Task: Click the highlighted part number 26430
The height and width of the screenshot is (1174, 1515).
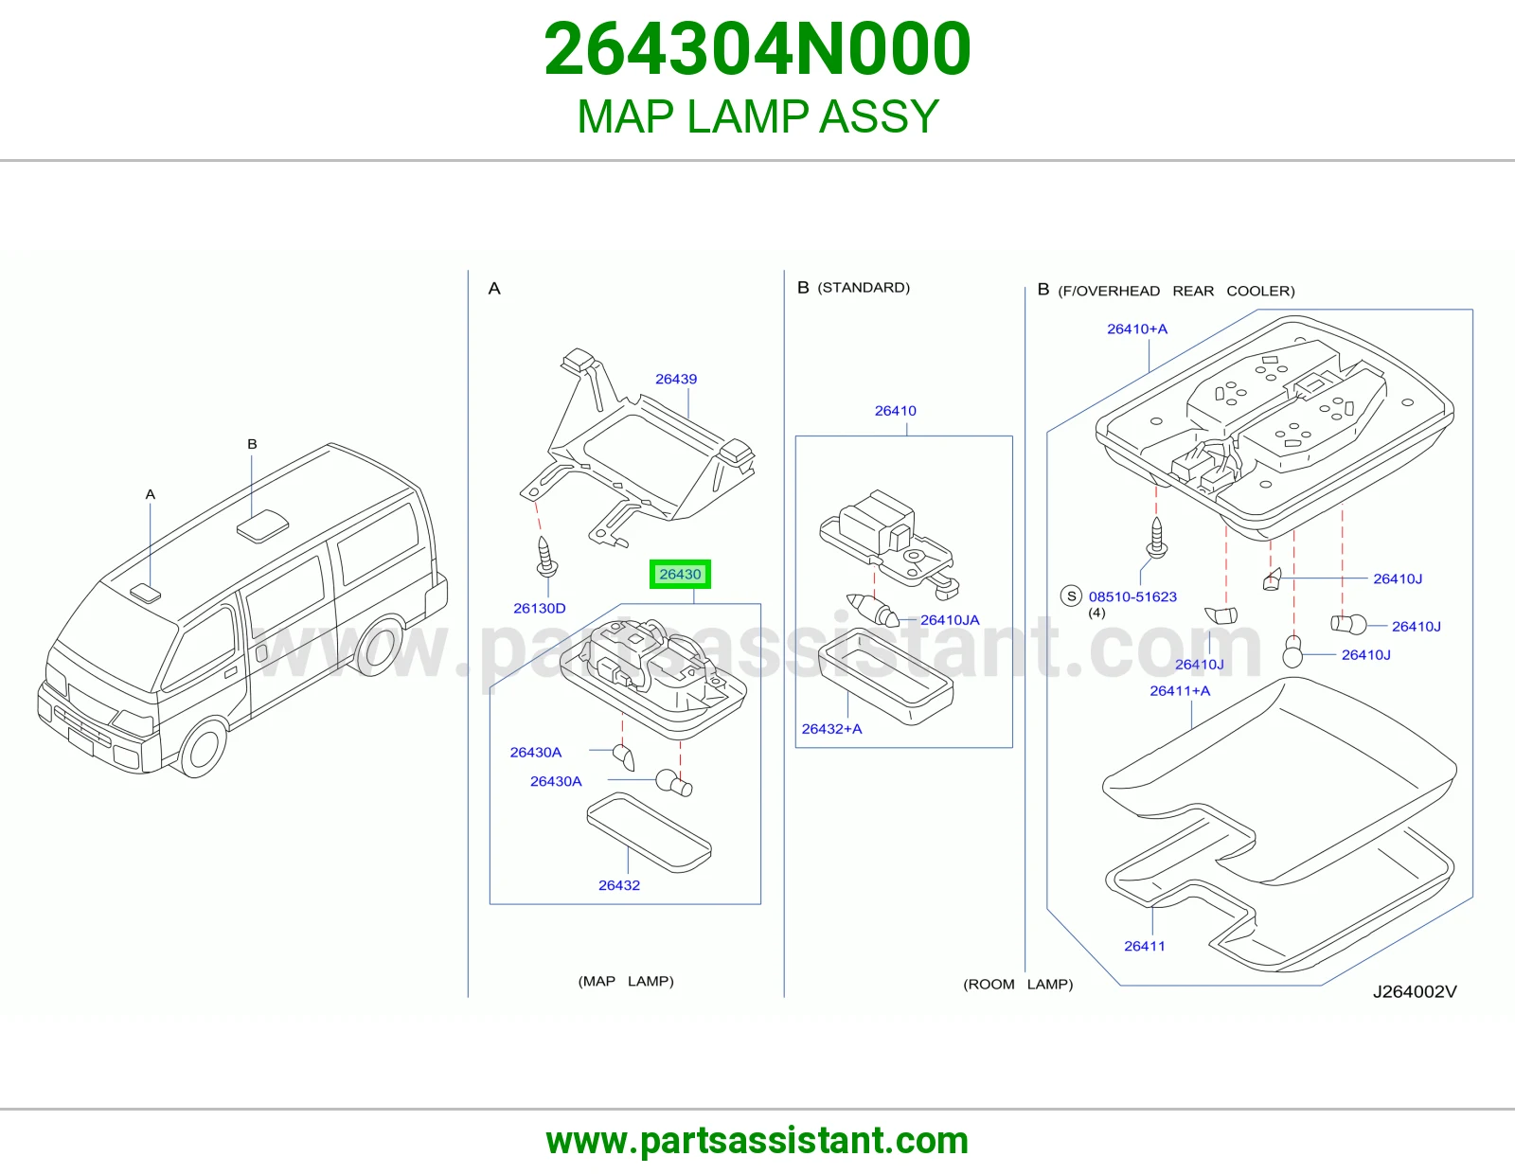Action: pyautogui.click(x=680, y=574)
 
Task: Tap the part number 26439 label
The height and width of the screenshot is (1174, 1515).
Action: pyautogui.click(x=675, y=379)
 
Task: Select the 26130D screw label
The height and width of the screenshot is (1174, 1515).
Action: pyautogui.click(x=539, y=608)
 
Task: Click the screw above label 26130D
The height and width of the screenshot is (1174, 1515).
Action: pyautogui.click(x=546, y=557)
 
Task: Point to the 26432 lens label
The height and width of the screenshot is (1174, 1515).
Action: pyautogui.click(x=619, y=884)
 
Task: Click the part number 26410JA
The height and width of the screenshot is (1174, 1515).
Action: pyautogui.click(x=950, y=620)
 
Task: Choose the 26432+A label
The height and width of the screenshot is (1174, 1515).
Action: pyautogui.click(x=831, y=728)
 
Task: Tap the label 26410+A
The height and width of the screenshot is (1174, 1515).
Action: pyautogui.click(x=1137, y=329)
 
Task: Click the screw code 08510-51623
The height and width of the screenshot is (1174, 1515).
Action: pyautogui.click(x=1132, y=596)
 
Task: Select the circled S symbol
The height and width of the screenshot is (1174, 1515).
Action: pyautogui.click(x=1071, y=596)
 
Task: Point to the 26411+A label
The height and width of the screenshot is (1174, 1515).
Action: pyautogui.click(x=1180, y=690)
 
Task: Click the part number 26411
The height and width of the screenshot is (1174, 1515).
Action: pyautogui.click(x=1144, y=945)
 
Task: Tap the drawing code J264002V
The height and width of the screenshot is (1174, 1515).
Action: pyautogui.click(x=1415, y=991)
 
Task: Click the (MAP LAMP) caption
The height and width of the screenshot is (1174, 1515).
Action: pyautogui.click(x=626, y=981)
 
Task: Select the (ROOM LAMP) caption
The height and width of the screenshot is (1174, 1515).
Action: pyautogui.click(x=1018, y=984)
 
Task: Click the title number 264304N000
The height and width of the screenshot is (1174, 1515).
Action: pyautogui.click(x=757, y=48)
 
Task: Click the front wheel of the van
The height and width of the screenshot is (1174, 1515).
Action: pyautogui.click(x=203, y=748)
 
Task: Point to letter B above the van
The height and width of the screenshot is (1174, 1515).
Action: pyautogui.click(x=253, y=443)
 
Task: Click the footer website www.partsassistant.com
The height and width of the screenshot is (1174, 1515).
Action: pyautogui.click(x=757, y=1141)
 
